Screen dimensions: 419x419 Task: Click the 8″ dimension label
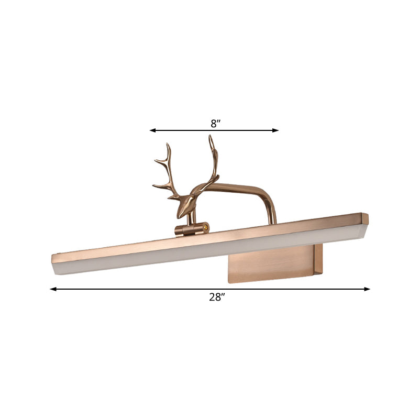coord(214,124)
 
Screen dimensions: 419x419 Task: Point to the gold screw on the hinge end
coord(207,227)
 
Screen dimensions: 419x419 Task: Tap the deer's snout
coord(179,214)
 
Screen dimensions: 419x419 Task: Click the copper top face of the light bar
coord(210,238)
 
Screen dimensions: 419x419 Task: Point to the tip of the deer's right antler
coord(211,137)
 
